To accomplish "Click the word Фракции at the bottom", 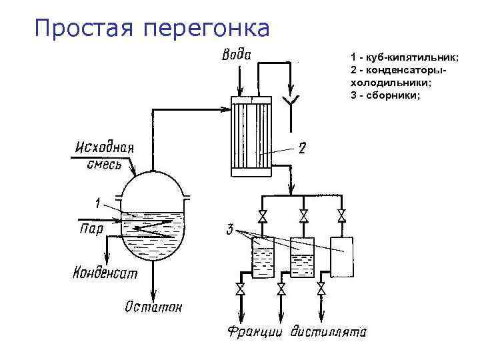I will point(257,331).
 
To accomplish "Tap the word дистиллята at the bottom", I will point(329,331).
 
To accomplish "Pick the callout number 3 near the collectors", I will point(229,231).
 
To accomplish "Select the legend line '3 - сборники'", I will point(385,94).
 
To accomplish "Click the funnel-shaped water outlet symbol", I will point(291,101).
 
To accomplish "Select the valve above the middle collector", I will point(304,216).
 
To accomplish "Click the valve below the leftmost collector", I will point(241,289).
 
